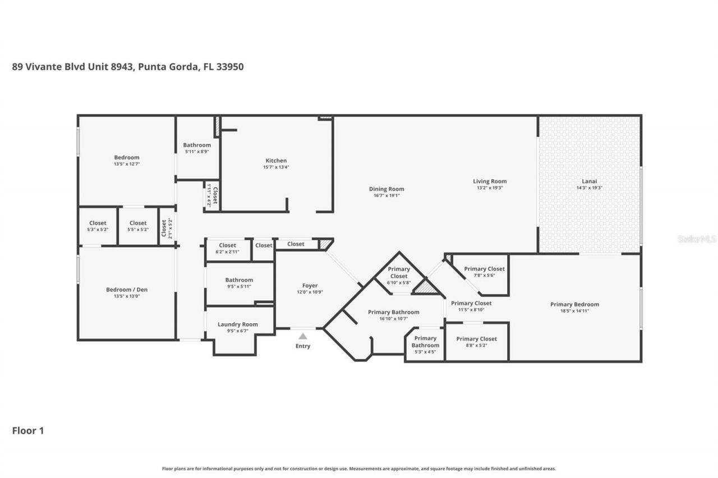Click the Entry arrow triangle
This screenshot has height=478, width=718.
click(303, 336)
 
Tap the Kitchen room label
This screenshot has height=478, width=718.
click(276, 161)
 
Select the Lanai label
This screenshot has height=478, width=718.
click(589, 181)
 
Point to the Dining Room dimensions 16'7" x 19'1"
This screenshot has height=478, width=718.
click(386, 196)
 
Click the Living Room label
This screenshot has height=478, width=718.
click(490, 181)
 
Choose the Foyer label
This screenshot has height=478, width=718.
click(310, 286)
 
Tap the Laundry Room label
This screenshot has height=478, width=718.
click(238, 324)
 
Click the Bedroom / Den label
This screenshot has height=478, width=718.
click(127, 290)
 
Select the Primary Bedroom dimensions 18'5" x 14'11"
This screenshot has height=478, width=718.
click(574, 311)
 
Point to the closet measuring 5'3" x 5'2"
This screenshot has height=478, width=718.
click(98, 226)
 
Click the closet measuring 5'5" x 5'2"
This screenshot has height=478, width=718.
click(138, 226)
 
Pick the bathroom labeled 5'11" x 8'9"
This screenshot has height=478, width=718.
click(197, 148)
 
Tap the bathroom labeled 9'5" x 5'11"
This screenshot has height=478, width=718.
click(239, 283)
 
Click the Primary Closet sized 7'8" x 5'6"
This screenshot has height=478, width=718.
click(484, 272)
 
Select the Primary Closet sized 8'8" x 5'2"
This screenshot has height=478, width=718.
click(476, 342)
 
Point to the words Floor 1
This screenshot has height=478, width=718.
click(28, 431)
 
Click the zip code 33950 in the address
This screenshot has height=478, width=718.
click(231, 67)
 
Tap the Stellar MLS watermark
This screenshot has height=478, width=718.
click(697, 239)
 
